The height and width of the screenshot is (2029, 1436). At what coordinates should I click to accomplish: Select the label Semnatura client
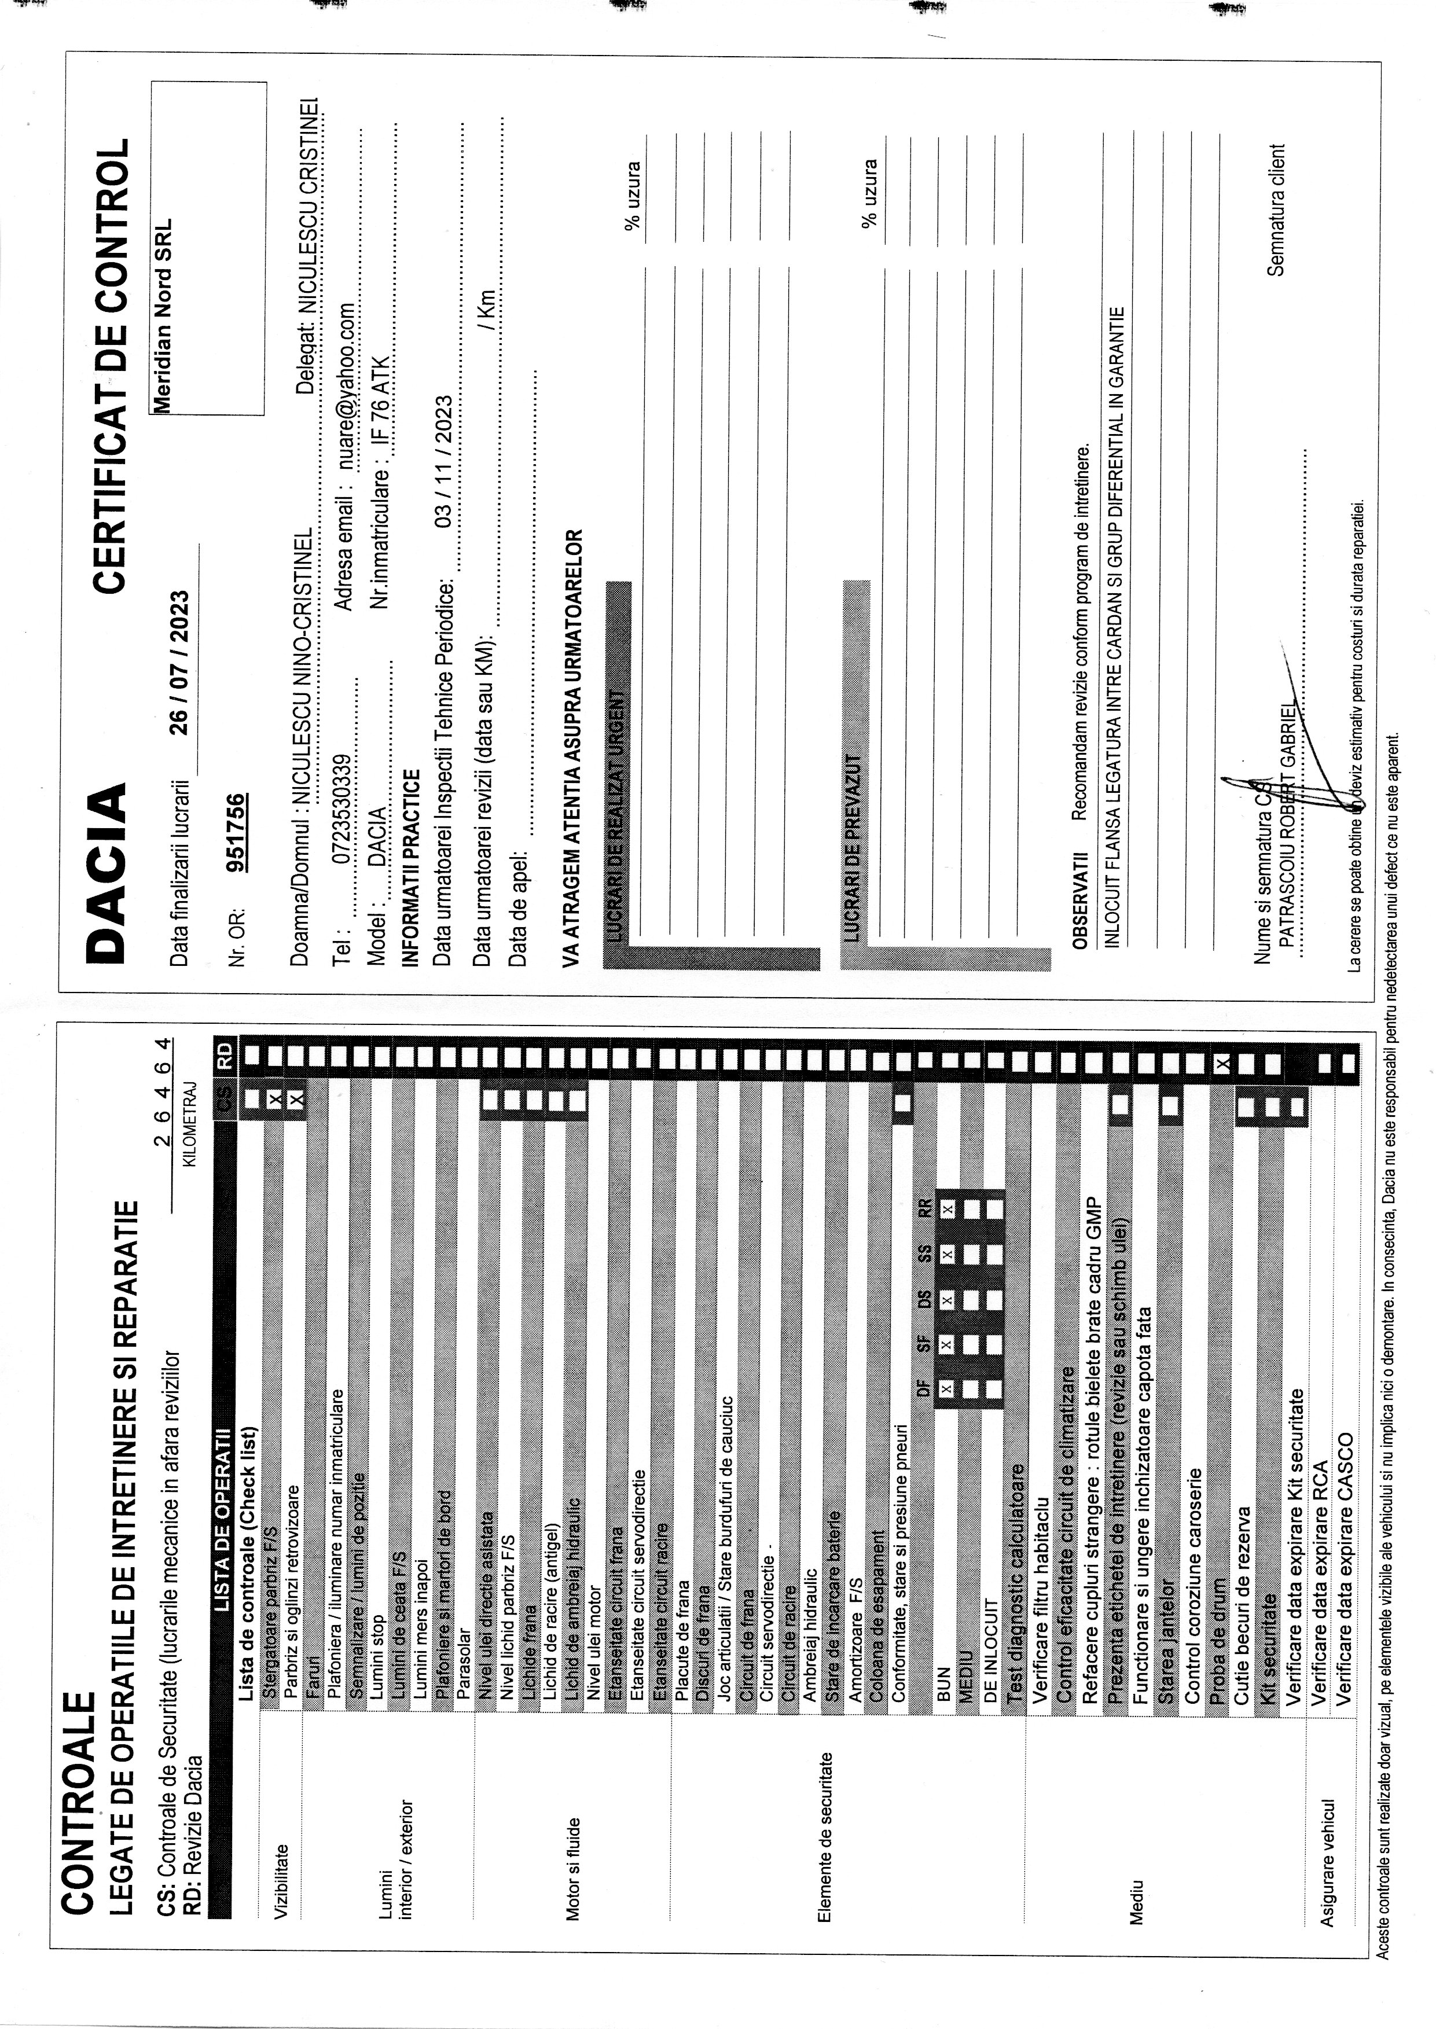(1276, 211)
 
